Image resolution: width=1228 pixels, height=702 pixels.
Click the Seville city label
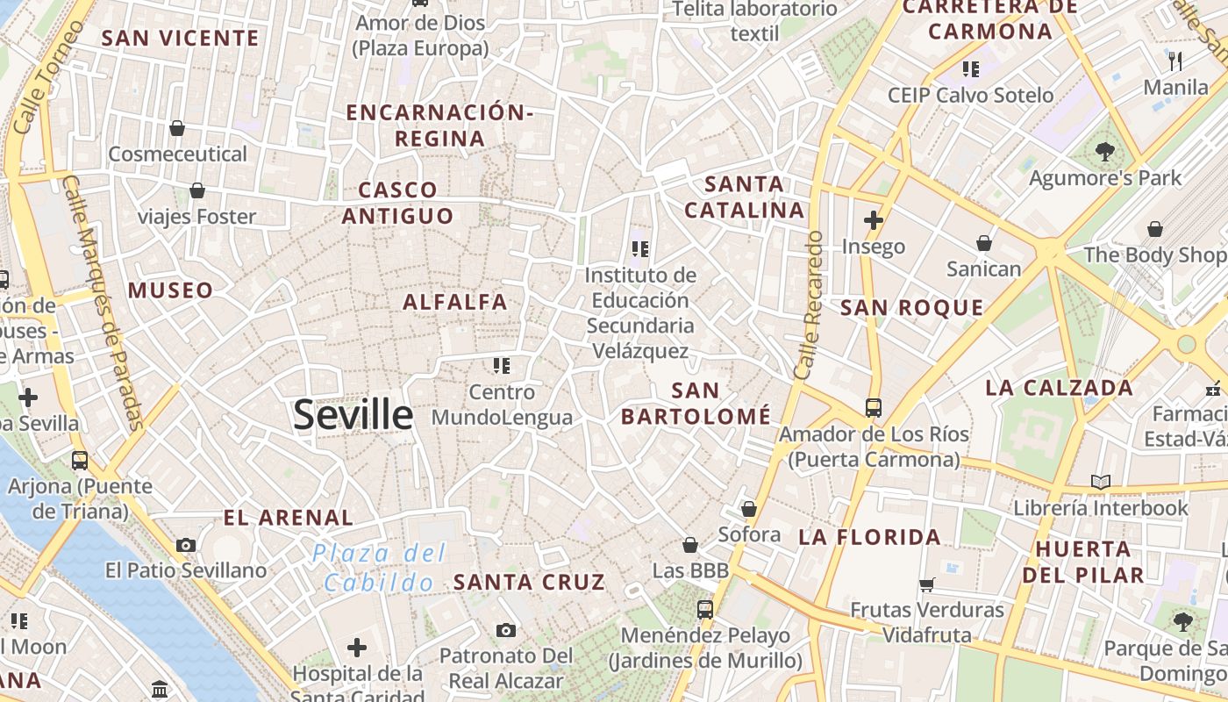353,414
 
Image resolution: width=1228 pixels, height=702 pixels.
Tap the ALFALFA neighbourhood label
455,302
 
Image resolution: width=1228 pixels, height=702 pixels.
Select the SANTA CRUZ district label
529,582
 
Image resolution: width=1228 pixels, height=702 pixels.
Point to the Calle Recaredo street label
808,305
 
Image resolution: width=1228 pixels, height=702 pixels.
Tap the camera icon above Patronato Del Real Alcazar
505,630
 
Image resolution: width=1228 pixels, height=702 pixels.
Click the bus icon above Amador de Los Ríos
874,407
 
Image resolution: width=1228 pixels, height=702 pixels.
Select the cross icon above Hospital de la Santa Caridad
357,648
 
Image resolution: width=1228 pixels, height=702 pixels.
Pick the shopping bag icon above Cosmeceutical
177,128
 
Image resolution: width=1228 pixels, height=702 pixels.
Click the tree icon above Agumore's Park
1105,152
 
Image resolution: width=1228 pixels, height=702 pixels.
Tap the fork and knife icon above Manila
1175,61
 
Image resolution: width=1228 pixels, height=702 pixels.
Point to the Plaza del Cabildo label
380,567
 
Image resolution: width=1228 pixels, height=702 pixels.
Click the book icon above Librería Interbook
1101,482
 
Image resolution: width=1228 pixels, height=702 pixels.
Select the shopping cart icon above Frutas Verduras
926,584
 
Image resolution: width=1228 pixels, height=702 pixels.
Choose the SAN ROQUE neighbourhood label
912,307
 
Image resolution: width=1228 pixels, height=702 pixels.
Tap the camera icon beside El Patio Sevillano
185,545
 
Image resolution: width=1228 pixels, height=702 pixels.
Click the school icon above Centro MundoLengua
502,365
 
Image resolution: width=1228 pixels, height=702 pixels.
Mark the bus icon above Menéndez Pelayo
705,609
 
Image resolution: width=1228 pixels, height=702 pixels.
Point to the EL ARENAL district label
289,518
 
